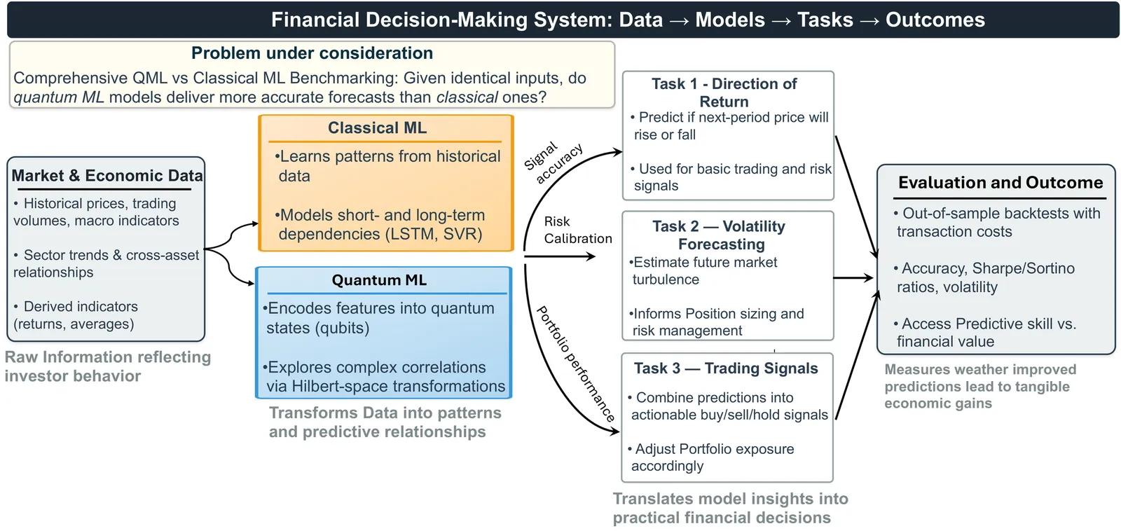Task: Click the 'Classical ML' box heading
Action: pyautogui.click(x=377, y=128)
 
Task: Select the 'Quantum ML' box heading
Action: pyautogui.click(x=379, y=280)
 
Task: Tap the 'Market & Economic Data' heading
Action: pyautogui.click(x=107, y=176)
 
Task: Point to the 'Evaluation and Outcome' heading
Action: pyautogui.click(x=1000, y=183)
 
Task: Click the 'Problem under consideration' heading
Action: pyautogui.click(x=312, y=53)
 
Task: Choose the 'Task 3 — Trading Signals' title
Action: pyautogui.click(x=726, y=368)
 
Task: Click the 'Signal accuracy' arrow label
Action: pyautogui.click(x=554, y=163)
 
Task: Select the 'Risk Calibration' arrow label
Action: pyautogui.click(x=577, y=230)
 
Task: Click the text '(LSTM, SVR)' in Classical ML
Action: pyautogui.click(x=434, y=234)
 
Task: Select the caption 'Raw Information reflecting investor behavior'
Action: pyautogui.click(x=107, y=366)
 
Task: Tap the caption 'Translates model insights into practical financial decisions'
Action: pyautogui.click(x=730, y=508)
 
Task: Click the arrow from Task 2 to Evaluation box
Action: pyautogui.click(x=853, y=278)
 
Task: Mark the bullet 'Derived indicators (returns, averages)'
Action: pyautogui.click(x=76, y=315)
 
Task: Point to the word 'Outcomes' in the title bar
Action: pyautogui.click(x=935, y=20)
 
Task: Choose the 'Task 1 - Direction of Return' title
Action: pyautogui.click(x=724, y=92)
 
